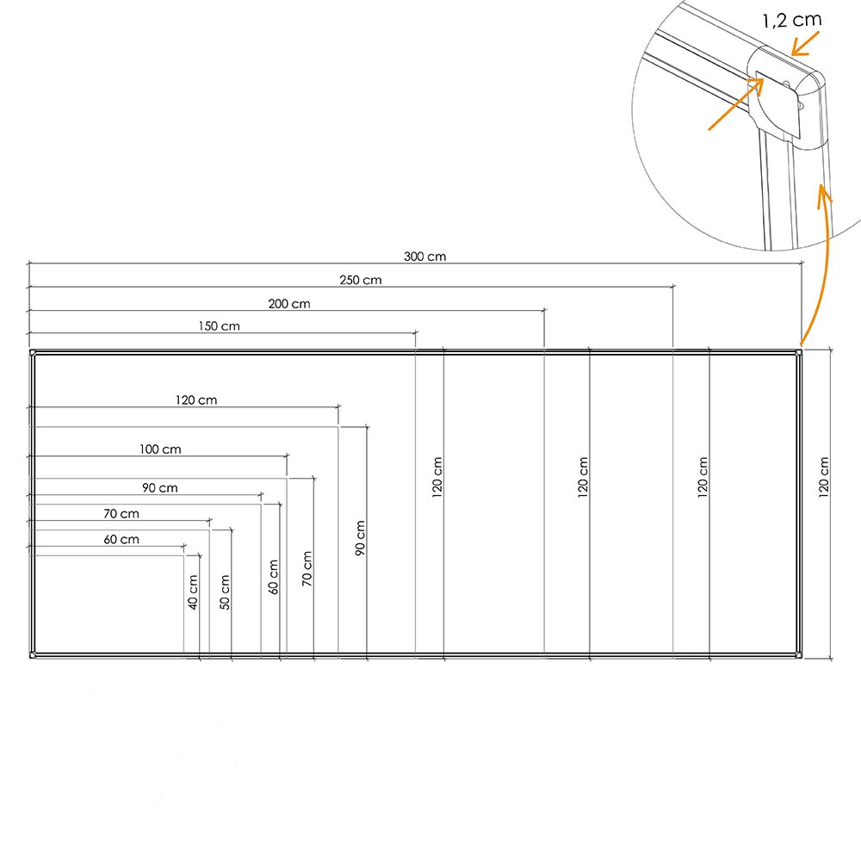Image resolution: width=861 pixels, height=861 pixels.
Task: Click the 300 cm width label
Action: point(425,257)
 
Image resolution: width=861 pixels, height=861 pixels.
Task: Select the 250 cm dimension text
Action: point(361,280)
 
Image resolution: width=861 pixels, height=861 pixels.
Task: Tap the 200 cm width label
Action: point(289,304)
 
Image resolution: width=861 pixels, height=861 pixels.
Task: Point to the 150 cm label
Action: point(219,326)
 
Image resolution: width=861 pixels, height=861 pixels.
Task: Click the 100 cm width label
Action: point(160,449)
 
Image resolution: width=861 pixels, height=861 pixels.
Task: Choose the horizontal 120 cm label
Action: point(196,400)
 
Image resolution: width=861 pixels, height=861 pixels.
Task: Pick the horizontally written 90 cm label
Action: point(160,487)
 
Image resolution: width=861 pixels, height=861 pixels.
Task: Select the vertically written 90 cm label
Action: point(360,538)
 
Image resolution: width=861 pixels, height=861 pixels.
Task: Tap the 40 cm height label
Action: point(193,592)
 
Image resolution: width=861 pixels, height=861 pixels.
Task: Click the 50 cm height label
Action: point(225,592)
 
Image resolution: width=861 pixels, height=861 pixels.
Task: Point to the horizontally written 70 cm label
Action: point(121,514)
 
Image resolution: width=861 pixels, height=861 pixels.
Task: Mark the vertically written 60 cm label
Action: point(273,577)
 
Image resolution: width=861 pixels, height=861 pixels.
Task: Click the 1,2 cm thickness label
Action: point(792,21)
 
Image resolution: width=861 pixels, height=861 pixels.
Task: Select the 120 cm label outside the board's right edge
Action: point(824,478)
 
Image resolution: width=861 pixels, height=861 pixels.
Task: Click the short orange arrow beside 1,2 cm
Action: point(805,43)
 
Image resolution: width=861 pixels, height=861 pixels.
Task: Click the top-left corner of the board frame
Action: point(30,350)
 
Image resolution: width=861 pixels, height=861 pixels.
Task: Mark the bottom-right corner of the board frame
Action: point(802,657)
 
